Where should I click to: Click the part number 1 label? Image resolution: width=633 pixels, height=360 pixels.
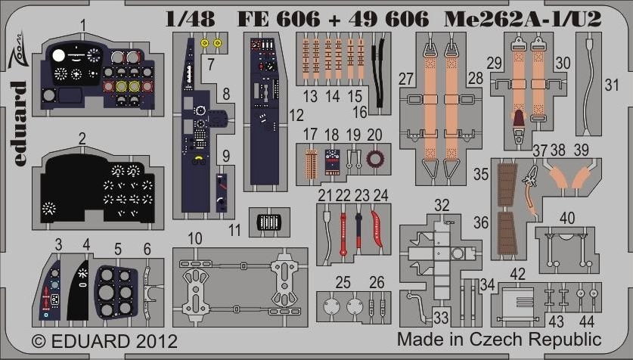point(82,26)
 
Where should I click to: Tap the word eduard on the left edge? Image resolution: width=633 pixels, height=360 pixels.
point(17,123)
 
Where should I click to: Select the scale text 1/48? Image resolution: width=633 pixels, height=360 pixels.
point(190,19)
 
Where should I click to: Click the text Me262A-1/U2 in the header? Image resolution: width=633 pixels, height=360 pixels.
point(523,19)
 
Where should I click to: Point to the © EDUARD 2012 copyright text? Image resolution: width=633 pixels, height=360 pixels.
point(104,341)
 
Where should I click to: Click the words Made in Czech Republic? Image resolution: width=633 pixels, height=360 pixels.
point(499,339)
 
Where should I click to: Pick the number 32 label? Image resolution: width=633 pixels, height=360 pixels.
point(442,205)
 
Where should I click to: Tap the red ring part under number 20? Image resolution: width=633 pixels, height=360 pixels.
point(374,159)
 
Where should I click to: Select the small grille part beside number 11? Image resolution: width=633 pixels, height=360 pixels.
point(269,222)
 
